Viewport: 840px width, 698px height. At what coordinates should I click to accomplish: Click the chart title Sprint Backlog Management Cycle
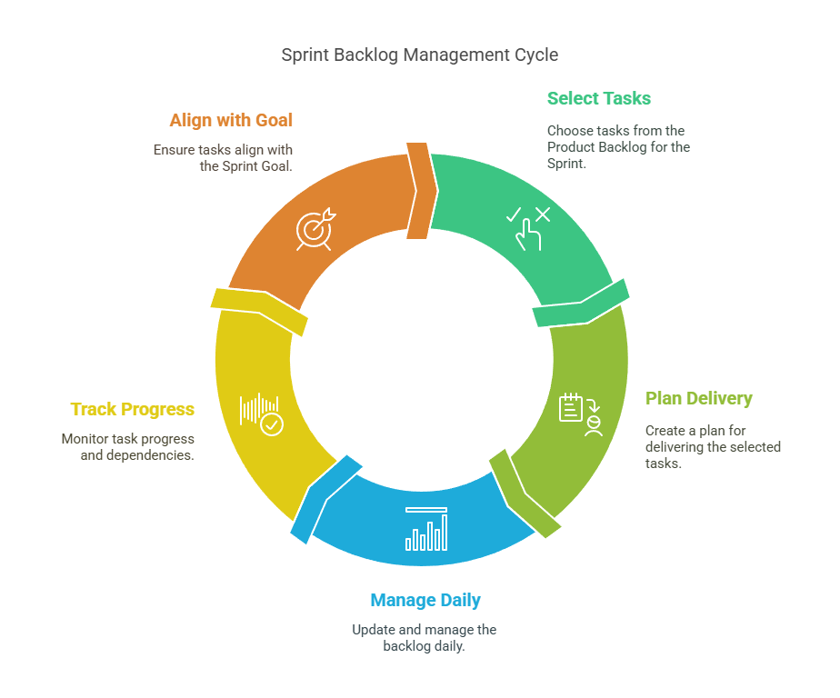pyautogui.click(x=419, y=55)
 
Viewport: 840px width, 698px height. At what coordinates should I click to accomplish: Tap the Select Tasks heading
pyautogui.click(x=599, y=98)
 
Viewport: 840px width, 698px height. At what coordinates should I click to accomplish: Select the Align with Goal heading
pyautogui.click(x=231, y=120)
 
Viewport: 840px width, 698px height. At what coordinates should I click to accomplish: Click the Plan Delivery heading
pyautogui.click(x=698, y=398)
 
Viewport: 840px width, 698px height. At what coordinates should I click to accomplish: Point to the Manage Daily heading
pyautogui.click(x=425, y=600)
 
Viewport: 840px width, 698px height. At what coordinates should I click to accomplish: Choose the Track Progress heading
pyautogui.click(x=133, y=409)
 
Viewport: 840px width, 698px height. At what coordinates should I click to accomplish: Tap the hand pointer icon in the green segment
pyautogui.click(x=528, y=227)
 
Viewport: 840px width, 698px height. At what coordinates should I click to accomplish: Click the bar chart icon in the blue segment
pyautogui.click(x=426, y=529)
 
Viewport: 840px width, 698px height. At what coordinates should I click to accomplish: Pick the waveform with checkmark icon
pyautogui.click(x=262, y=414)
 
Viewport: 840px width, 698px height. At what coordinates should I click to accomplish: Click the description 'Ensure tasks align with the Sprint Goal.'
pyautogui.click(x=223, y=157)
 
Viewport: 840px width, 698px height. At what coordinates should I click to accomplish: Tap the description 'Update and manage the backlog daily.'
pyautogui.click(x=425, y=637)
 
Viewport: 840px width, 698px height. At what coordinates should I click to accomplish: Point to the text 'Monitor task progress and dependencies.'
pyautogui.click(x=128, y=446)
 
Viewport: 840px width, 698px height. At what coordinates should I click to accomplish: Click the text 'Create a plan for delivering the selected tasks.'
pyautogui.click(x=713, y=446)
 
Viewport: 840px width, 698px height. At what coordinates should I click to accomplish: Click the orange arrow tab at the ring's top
pyautogui.click(x=418, y=191)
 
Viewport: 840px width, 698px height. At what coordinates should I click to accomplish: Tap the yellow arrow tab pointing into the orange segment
pyautogui.click(x=259, y=308)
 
